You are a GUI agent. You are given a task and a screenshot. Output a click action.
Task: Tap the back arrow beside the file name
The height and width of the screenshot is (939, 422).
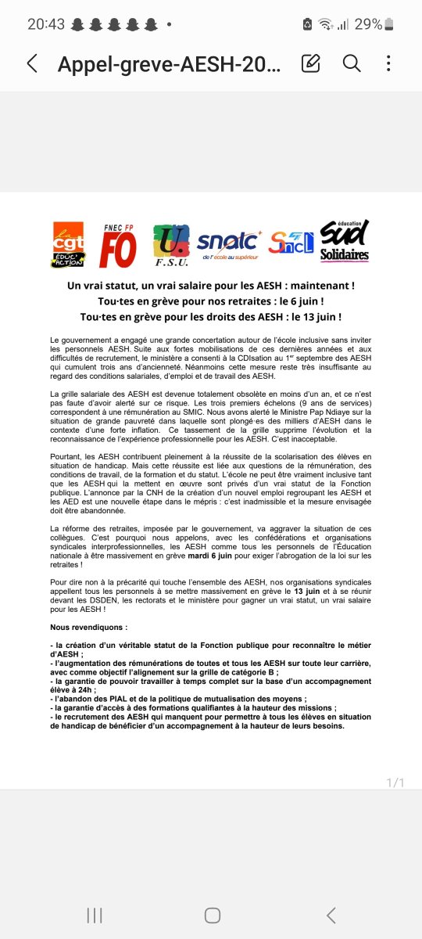32,63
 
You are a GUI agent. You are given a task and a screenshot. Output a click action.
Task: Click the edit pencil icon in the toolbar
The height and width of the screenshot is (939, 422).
311,63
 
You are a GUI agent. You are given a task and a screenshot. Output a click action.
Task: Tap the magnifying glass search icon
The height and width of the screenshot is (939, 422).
352,63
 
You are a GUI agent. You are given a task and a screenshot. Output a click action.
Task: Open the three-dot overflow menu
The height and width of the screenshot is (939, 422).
388,63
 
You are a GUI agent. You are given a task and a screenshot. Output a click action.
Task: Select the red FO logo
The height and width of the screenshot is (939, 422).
118,246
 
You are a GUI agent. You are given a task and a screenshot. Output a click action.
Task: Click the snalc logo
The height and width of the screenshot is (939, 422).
227,244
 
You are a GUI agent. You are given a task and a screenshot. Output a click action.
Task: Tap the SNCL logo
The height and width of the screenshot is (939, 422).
291,243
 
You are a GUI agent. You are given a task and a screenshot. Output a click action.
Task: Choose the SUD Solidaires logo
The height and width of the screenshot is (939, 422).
345,241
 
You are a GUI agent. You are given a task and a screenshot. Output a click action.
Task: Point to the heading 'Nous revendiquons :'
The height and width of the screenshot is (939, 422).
88,628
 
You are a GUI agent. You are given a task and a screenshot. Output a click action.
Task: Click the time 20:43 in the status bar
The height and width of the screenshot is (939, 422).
46,23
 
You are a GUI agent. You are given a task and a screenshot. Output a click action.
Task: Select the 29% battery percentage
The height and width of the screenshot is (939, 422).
369,23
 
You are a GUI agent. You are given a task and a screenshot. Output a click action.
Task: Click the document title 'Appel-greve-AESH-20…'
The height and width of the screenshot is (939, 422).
168,63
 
